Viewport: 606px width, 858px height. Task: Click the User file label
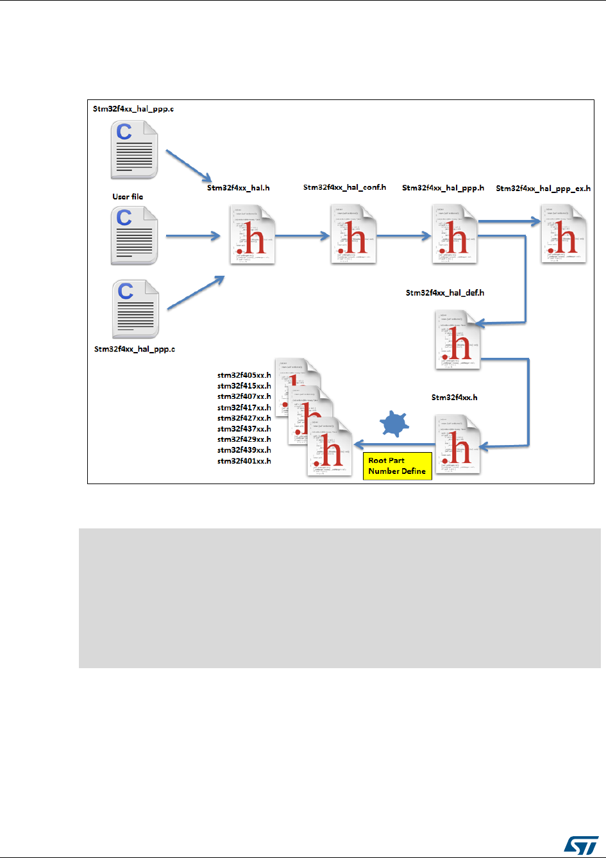(128, 197)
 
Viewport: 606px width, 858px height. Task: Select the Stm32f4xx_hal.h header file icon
(253, 233)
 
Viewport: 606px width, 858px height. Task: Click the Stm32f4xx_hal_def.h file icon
(458, 339)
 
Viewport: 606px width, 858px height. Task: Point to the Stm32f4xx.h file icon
(458, 444)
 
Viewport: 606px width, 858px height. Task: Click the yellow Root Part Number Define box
(396, 466)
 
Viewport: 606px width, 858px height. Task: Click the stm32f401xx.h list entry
(244, 461)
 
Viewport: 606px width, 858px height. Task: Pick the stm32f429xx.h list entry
(244, 440)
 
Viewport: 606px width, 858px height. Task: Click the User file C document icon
(135, 235)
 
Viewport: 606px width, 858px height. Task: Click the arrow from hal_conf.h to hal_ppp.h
(404, 236)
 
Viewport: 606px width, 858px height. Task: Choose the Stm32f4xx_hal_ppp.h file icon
(455, 233)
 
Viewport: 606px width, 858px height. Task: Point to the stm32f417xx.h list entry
(244, 408)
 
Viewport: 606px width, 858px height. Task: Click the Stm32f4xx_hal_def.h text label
(445, 293)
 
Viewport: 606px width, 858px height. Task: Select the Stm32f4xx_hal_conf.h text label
(344, 188)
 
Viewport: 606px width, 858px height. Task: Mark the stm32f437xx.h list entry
(244, 429)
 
